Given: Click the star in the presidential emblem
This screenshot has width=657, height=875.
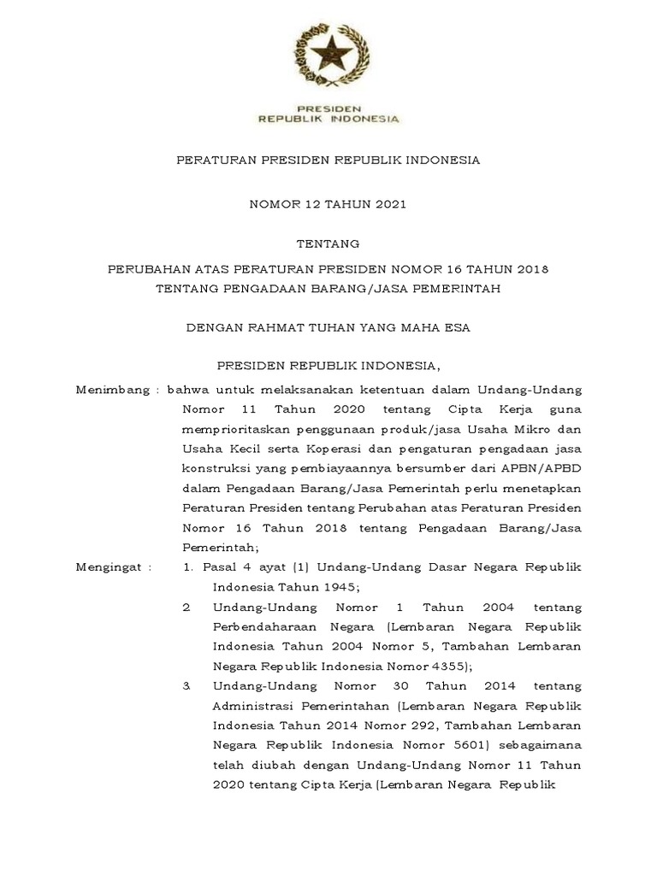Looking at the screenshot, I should (328, 56).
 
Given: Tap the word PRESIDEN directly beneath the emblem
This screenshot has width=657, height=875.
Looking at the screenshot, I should (328, 109).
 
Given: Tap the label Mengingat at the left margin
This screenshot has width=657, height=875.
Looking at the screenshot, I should (112, 567).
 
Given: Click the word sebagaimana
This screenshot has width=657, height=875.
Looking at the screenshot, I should (542, 745).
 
